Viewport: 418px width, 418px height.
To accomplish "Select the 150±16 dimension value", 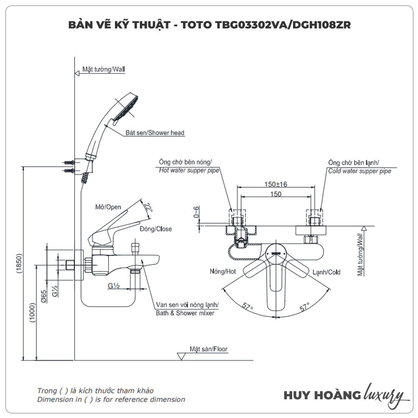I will (275, 184).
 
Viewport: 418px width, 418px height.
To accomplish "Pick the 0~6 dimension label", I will (197, 212).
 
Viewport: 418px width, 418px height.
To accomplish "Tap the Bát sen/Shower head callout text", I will (155, 133).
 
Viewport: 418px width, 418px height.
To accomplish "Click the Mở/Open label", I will (108, 207).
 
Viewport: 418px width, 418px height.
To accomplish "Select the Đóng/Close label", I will (155, 229).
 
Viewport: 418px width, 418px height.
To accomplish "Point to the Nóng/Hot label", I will (223, 272).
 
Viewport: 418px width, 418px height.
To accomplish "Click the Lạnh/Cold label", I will (326, 272).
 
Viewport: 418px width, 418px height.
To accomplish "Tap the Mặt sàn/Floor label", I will (209, 349).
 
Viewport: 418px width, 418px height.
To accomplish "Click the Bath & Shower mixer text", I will (185, 313).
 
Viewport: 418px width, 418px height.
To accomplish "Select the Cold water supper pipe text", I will (359, 171).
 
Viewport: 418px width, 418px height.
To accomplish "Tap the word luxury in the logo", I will (384, 394).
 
